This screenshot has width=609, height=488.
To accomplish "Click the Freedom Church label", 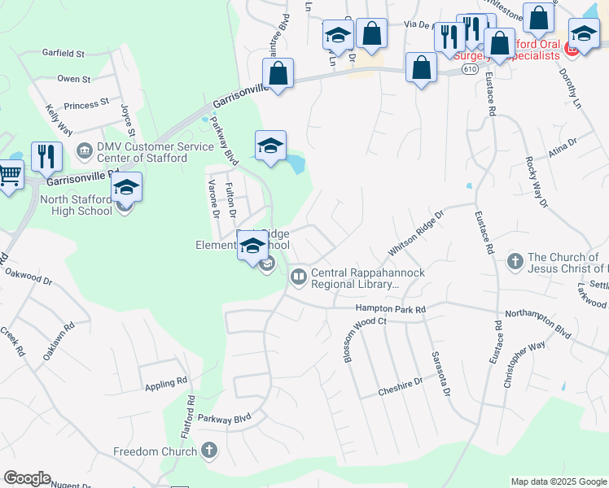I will [x=155, y=451].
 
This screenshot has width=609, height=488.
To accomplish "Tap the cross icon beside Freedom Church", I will [x=209, y=451].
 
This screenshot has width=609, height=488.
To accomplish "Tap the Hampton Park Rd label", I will [x=390, y=309].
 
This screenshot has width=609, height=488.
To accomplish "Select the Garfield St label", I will [x=63, y=54].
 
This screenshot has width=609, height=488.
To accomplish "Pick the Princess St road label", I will [x=85, y=105].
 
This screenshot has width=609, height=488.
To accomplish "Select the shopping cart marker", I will [x=9, y=173].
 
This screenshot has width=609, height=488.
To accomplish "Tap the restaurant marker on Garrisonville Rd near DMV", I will [x=46, y=155].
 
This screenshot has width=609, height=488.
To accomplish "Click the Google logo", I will [x=27, y=478].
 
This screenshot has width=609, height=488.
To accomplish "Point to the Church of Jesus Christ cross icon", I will [x=515, y=261].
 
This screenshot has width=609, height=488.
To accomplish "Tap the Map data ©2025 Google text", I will [x=559, y=481].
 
